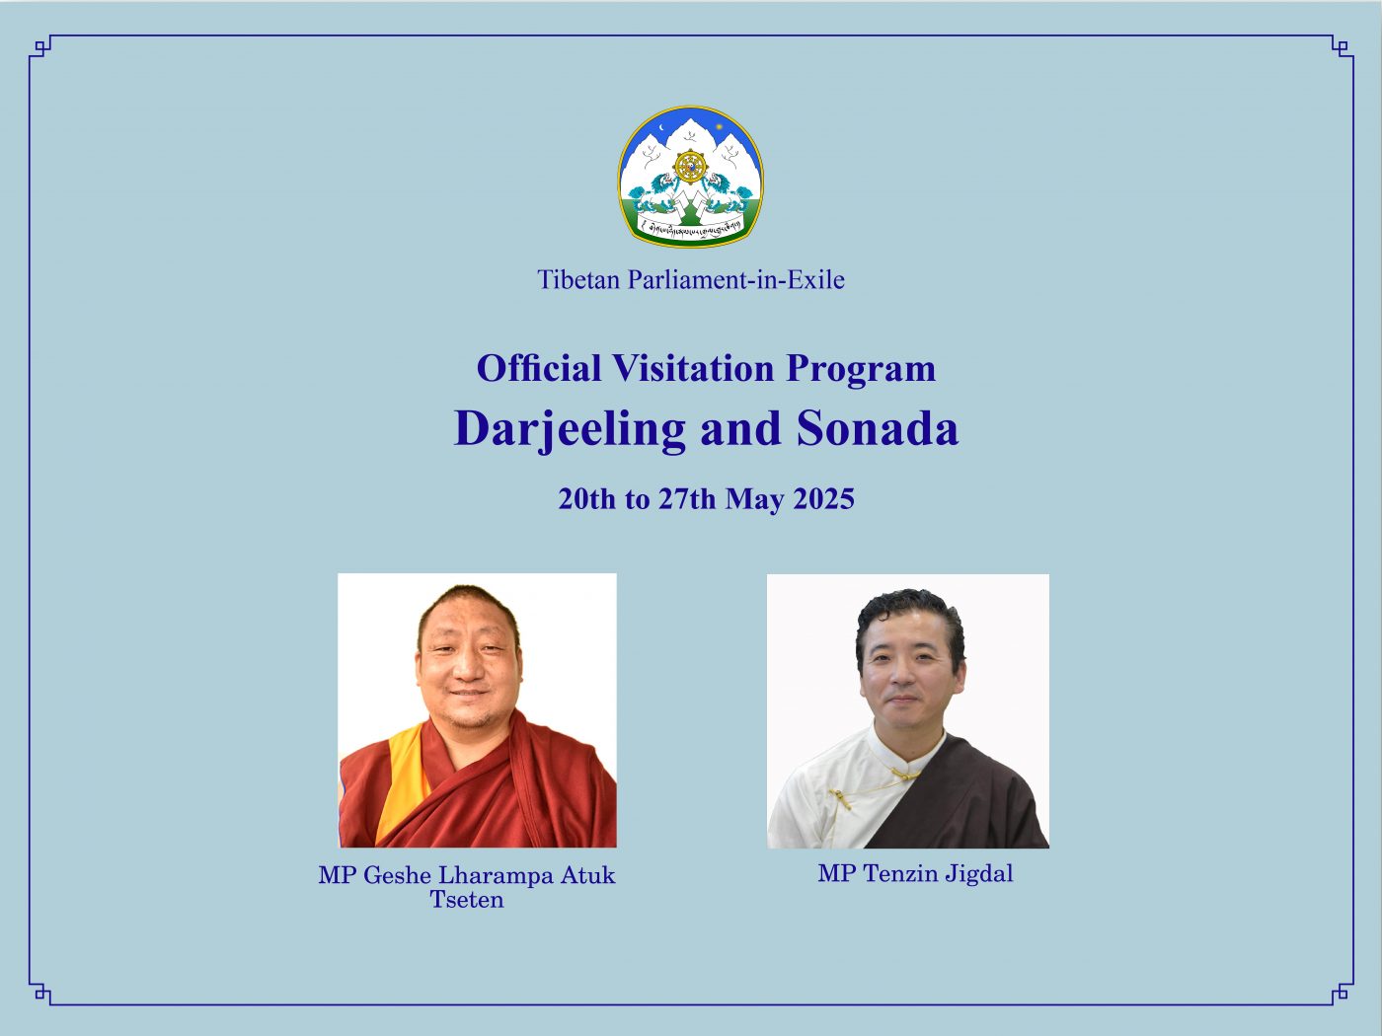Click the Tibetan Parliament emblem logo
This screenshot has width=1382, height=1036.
[691, 177]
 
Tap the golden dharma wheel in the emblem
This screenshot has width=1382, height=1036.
[691, 168]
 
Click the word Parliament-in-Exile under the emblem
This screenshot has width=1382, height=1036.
[736, 280]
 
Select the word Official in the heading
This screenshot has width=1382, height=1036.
[539, 368]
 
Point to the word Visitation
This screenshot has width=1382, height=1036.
[693, 368]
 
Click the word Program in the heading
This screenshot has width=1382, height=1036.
[861, 370]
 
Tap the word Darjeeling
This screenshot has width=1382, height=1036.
[570, 430]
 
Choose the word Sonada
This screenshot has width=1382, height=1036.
[877, 429]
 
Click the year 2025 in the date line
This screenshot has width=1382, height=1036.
[823, 499]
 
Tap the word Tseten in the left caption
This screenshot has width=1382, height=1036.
[467, 900]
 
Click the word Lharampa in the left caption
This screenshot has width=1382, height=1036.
[496, 876]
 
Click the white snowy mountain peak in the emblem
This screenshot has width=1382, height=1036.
[691, 135]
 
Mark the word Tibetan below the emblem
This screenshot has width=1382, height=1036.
[579, 280]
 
